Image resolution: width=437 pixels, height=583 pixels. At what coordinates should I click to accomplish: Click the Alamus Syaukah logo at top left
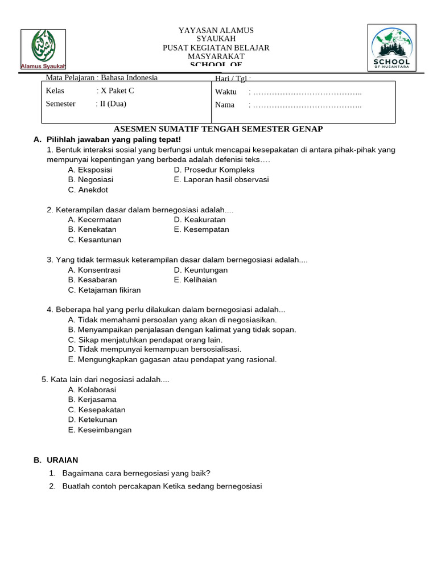click(x=43, y=50)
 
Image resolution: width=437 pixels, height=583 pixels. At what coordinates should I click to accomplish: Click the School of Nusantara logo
click(x=391, y=49)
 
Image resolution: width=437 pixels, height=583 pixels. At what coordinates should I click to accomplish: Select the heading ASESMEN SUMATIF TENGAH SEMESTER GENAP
click(x=218, y=129)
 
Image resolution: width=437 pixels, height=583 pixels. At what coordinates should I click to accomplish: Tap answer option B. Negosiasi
click(x=92, y=180)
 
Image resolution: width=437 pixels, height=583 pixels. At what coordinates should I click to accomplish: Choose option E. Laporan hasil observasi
click(x=221, y=180)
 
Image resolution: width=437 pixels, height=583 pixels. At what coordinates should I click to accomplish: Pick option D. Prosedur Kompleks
click(x=214, y=170)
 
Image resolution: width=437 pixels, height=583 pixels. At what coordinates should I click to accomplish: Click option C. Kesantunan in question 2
click(x=94, y=240)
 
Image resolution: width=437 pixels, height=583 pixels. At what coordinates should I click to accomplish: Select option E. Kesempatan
click(x=201, y=229)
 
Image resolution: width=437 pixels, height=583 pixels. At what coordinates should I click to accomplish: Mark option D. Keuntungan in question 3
click(x=201, y=270)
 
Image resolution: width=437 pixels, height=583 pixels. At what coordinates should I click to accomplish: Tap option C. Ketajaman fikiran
click(x=104, y=290)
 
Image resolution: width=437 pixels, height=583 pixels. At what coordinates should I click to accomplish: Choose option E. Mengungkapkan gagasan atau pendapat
click(x=172, y=359)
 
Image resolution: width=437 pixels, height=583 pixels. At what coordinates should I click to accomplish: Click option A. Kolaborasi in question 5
click(x=92, y=389)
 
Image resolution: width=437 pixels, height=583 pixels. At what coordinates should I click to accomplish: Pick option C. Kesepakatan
click(x=96, y=410)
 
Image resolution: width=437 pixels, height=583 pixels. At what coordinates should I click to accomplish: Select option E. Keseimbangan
click(x=100, y=430)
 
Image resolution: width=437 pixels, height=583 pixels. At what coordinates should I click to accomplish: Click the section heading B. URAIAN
click(x=56, y=460)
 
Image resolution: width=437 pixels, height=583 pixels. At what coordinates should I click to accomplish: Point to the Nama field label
click(x=225, y=105)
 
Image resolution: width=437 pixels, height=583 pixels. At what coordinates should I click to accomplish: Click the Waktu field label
click(x=226, y=92)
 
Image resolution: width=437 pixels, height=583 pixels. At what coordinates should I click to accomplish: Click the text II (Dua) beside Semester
click(x=113, y=104)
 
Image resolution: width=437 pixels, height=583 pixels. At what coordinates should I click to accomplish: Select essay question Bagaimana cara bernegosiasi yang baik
click(x=137, y=473)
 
